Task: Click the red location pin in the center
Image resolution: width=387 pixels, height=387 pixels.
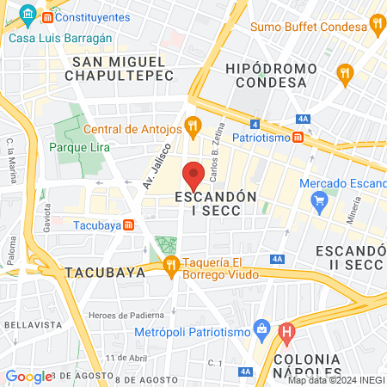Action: (194, 175)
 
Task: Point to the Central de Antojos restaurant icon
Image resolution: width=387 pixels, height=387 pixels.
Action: (193, 129)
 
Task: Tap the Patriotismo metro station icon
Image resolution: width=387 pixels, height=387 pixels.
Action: (298, 137)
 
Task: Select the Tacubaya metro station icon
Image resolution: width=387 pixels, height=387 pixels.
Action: (128, 225)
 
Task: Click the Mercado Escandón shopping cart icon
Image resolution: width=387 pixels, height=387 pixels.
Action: (320, 204)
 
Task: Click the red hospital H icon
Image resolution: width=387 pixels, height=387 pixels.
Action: (288, 329)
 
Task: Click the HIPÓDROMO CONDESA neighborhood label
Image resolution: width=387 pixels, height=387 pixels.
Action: (265, 75)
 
